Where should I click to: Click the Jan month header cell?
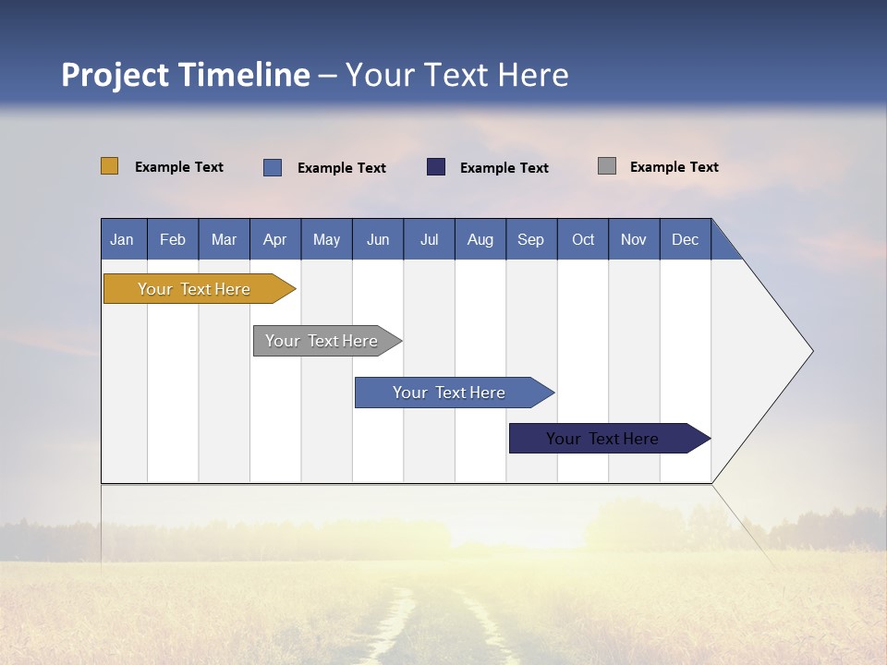[x=123, y=239]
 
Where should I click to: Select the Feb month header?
[x=173, y=239]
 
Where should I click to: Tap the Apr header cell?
[x=275, y=239]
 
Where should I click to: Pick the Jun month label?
[x=378, y=239]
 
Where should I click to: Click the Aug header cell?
[x=480, y=239]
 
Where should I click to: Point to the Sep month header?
[x=531, y=239]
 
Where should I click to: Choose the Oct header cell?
[x=583, y=239]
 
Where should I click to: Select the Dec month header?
[x=686, y=239]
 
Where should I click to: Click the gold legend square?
[x=110, y=166]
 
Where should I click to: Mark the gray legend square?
[x=607, y=166]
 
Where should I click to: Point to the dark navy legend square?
[x=436, y=166]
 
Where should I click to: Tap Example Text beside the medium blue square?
[x=342, y=168]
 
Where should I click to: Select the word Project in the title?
[x=115, y=75]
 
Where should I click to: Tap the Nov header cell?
[x=634, y=239]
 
